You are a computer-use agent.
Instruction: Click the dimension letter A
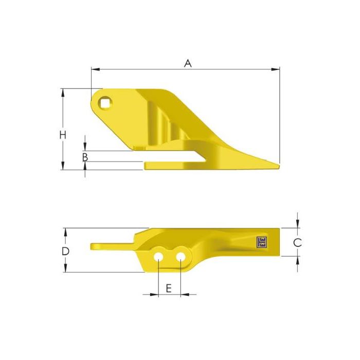pyautogui.click(x=188, y=63)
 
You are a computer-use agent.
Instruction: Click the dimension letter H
pyautogui.click(x=62, y=135)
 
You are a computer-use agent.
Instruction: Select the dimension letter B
pyautogui.click(x=85, y=157)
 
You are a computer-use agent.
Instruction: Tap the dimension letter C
pyautogui.click(x=297, y=242)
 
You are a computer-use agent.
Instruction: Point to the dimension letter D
pyautogui.click(x=65, y=251)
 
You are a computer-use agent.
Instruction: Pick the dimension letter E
pyautogui.click(x=169, y=289)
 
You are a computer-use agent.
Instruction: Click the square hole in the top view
pyautogui.click(x=106, y=103)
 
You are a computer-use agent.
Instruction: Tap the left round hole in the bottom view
pyautogui.click(x=160, y=256)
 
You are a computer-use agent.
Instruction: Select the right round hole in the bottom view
pyautogui.click(x=181, y=256)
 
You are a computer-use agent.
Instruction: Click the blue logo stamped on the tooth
pyautogui.click(x=262, y=241)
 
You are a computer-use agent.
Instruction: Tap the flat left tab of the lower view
pyautogui.click(x=111, y=246)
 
